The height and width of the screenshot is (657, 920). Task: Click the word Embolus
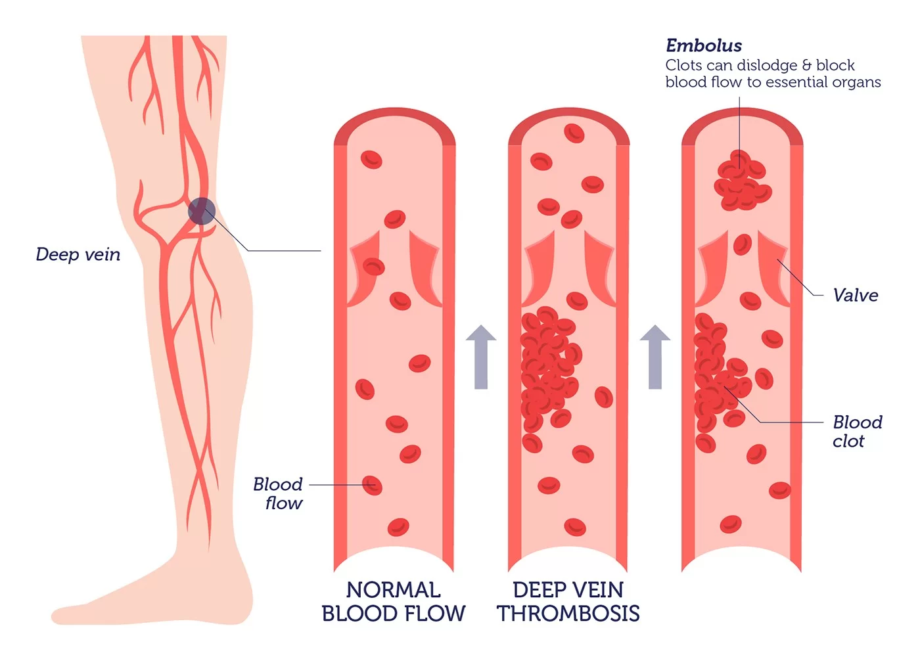[x=703, y=45]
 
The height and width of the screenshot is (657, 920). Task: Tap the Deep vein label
[x=78, y=254]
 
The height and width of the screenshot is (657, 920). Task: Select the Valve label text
[x=855, y=295]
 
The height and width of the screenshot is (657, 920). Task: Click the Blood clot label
[x=856, y=432]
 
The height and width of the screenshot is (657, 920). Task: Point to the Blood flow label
[x=278, y=493]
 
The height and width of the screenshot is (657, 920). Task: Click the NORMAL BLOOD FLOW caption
[x=393, y=602]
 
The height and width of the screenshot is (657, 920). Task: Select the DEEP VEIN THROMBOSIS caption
[x=568, y=602]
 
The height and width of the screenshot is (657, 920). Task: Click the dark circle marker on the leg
[x=201, y=212]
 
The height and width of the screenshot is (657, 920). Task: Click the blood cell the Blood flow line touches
[x=372, y=486]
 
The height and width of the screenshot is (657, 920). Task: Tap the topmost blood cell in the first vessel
[x=371, y=159]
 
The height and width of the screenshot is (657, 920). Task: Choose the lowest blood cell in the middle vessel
[x=574, y=527]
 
